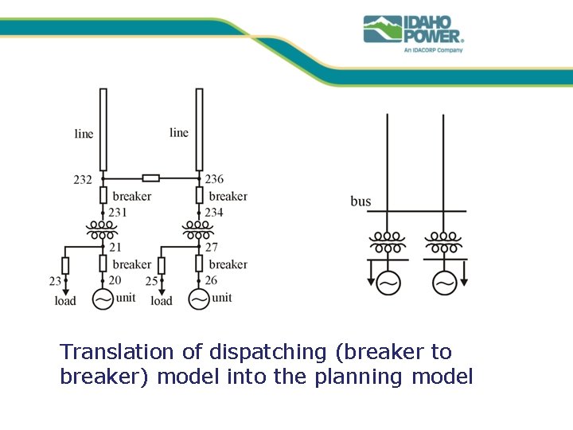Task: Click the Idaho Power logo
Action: coord(413,32)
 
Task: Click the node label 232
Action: coord(83,180)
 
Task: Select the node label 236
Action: coord(214,180)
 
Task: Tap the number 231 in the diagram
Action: coord(118,212)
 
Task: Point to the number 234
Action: coord(214,212)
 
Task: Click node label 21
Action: coord(115,248)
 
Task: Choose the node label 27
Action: coord(212,248)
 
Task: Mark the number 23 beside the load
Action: coord(55,281)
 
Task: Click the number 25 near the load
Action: coord(151,281)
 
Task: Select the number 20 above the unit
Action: coord(115,280)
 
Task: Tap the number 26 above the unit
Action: coord(211,280)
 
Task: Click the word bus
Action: coord(361,201)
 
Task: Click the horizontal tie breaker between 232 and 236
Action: coord(150,178)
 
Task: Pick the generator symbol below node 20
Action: coord(103,299)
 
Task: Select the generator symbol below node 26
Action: coord(199,299)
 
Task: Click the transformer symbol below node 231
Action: coord(103,230)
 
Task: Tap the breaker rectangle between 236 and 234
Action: coord(199,196)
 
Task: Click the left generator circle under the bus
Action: coord(389,283)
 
